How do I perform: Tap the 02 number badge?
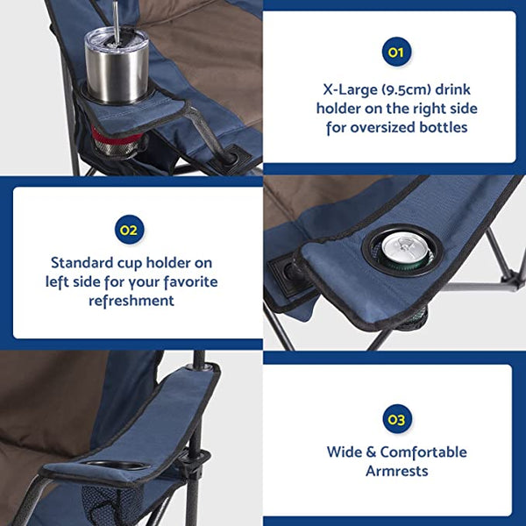coord(129,231)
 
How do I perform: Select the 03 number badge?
coord(397,420)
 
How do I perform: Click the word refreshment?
coord(131,301)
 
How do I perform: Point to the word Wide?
coord(345,452)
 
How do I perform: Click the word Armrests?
coord(397,472)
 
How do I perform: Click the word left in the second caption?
coord(60,281)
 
